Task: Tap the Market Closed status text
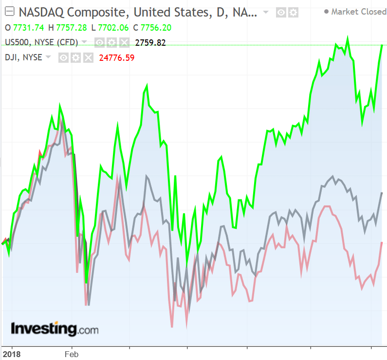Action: coord(358,12)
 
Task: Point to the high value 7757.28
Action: coord(68,28)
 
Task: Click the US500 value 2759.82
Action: coord(150,43)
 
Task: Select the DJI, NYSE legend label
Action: coord(23,57)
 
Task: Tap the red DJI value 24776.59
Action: coord(117,58)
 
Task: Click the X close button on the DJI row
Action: coord(88,58)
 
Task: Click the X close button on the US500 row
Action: coord(124,43)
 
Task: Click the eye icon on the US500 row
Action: coord(99,43)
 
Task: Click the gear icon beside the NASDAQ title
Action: coord(293,12)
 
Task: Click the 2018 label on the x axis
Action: coord(11,354)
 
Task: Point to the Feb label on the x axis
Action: coord(71,354)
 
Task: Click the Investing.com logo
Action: coord(55,329)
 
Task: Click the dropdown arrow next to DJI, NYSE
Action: coord(48,57)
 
